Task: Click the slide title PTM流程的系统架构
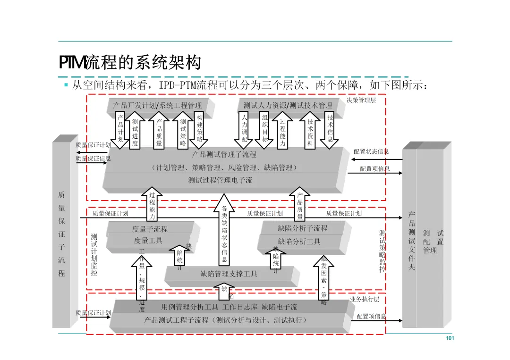coord(130,63)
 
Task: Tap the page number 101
coord(450,338)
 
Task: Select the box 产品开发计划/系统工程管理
coord(158,105)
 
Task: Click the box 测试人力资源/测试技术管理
coord(288,105)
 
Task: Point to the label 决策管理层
coord(361,100)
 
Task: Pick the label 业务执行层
coord(365,299)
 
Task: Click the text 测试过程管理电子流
coord(220,180)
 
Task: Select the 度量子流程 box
coord(150,229)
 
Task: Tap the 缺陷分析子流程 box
coord(303,228)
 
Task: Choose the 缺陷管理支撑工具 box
coord(229,274)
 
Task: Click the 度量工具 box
coord(148,241)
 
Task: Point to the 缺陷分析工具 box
coord(299,242)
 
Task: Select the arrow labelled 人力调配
coord(244,128)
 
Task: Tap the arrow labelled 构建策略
coord(200,128)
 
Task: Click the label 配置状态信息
coord(371,151)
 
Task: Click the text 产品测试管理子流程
coord(224,154)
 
